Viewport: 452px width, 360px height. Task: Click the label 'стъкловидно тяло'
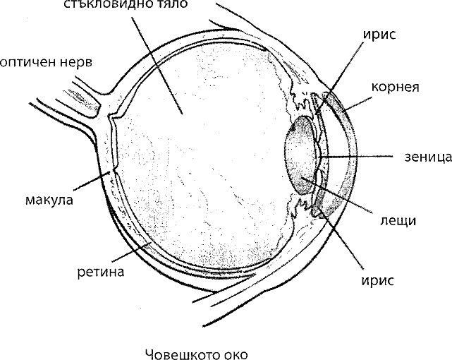click(125, 4)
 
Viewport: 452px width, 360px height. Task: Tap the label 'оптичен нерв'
click(46, 63)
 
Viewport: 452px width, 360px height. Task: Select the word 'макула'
click(49, 200)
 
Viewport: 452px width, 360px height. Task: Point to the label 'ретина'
click(101, 272)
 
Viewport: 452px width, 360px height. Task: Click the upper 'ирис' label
click(379, 35)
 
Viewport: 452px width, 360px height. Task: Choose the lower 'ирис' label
click(378, 280)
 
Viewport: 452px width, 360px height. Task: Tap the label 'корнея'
click(395, 87)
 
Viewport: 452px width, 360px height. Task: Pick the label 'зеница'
click(428, 157)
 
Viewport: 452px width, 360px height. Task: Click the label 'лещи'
click(398, 221)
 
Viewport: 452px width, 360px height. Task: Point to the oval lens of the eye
click(300, 155)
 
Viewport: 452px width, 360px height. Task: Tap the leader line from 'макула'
click(92, 181)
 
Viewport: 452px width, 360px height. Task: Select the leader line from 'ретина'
click(131, 251)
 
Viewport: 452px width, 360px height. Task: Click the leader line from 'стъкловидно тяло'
click(157, 65)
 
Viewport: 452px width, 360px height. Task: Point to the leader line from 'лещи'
click(336, 195)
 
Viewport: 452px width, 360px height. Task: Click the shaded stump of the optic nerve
click(82, 98)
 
